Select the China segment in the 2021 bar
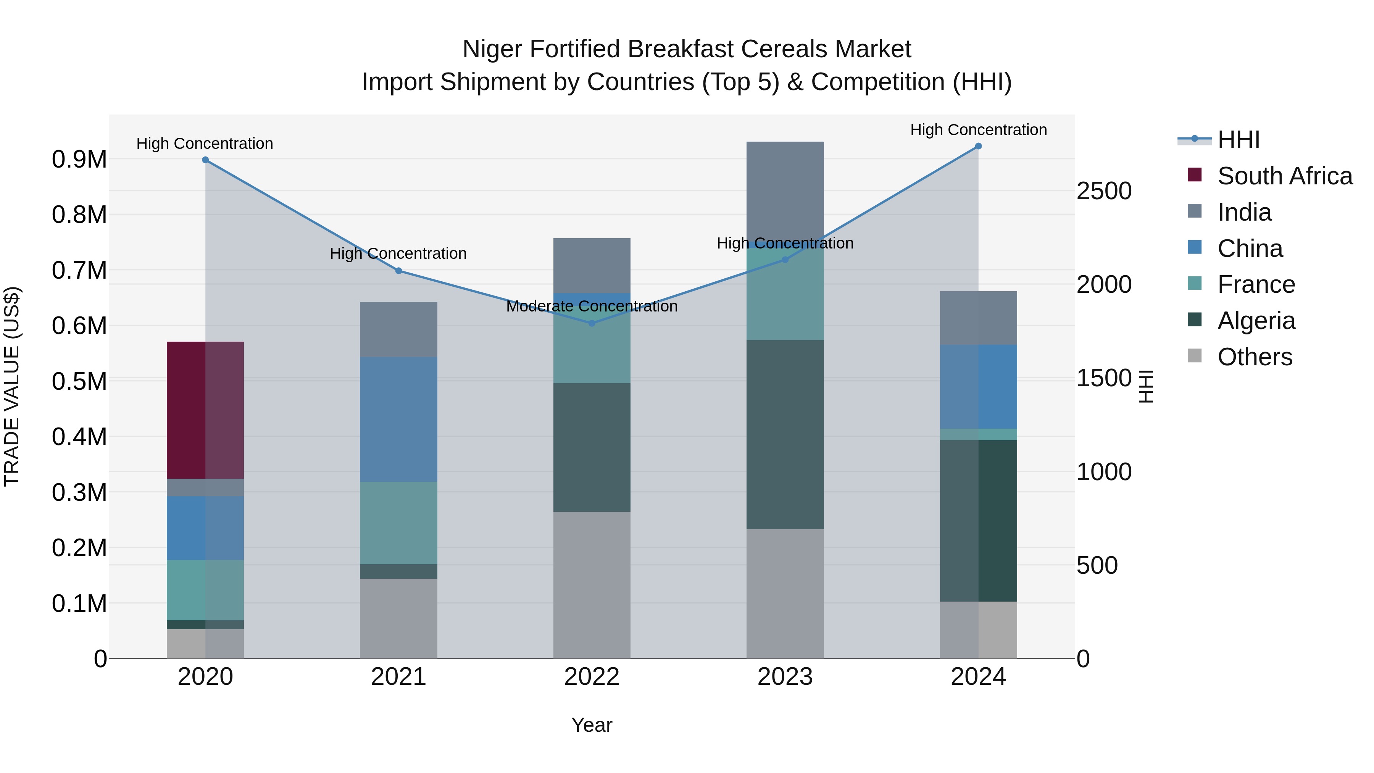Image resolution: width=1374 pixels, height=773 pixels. (x=398, y=419)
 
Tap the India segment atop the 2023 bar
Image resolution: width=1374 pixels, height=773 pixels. (x=785, y=189)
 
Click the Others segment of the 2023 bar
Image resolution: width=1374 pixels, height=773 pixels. (x=785, y=593)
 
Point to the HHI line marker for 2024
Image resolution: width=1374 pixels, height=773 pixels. (x=978, y=146)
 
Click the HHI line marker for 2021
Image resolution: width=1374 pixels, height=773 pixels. (x=398, y=271)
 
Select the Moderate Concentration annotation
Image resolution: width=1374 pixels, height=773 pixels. (x=592, y=306)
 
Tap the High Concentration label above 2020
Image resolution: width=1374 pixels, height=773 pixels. (x=205, y=144)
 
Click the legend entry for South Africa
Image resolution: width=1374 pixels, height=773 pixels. (x=1284, y=176)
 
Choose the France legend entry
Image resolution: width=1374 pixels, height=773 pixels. (x=1256, y=284)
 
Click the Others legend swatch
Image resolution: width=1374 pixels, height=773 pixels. (x=1195, y=356)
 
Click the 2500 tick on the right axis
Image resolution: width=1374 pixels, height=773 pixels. (x=1103, y=191)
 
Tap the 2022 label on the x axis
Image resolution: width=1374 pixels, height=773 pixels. (x=592, y=677)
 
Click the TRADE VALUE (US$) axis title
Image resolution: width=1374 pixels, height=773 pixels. (x=12, y=386)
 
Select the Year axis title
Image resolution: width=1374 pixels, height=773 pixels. (x=592, y=725)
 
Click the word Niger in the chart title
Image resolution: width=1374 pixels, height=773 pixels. (x=492, y=49)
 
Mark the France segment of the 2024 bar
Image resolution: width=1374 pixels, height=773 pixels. (x=978, y=434)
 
